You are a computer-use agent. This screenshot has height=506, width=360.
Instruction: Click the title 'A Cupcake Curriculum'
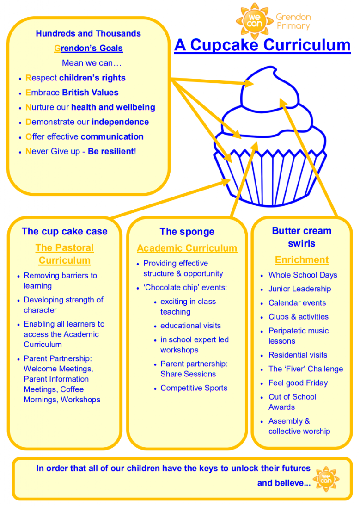tap(262, 45)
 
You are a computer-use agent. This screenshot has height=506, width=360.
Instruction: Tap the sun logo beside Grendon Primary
tap(255, 21)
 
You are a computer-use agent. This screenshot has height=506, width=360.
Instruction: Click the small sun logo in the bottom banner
tap(326, 479)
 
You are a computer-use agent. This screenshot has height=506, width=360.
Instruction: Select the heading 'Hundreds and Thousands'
tap(88, 34)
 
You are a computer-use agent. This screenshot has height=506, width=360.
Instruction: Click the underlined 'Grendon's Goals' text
tap(88, 49)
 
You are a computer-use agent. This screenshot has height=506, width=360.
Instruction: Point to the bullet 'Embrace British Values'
tap(72, 93)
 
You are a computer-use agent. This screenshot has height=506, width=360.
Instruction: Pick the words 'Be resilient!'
tap(112, 151)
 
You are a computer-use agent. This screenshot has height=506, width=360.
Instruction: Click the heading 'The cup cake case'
tap(64, 232)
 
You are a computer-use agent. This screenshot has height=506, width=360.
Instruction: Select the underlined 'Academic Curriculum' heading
tap(187, 248)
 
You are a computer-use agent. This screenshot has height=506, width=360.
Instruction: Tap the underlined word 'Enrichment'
tap(302, 260)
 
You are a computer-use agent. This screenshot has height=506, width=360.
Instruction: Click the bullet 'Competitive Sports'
tap(194, 388)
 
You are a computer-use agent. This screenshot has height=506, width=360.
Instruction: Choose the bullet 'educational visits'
tap(190, 326)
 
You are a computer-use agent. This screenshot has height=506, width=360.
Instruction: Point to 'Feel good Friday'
tap(298, 383)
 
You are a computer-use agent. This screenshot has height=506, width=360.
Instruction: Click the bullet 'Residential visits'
tap(298, 355)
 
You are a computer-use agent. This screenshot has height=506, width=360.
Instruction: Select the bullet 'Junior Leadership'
tap(300, 289)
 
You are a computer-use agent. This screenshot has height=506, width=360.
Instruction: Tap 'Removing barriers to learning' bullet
tap(60, 281)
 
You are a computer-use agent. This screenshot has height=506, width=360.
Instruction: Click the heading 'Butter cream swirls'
tap(302, 237)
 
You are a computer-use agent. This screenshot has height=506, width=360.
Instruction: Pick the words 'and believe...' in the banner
tap(284, 483)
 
